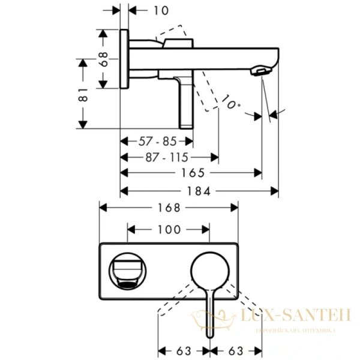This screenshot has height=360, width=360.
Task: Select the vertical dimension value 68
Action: click(104, 58)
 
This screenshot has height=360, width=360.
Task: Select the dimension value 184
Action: click(199, 191)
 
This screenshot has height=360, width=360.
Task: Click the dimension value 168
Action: click(169, 207)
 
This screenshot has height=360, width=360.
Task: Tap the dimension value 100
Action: click(169, 229)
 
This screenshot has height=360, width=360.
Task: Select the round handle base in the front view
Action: click(210, 270)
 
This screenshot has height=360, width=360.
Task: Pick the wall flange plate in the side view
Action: click(124, 58)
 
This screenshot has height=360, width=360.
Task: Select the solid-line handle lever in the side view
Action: click(185, 99)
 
